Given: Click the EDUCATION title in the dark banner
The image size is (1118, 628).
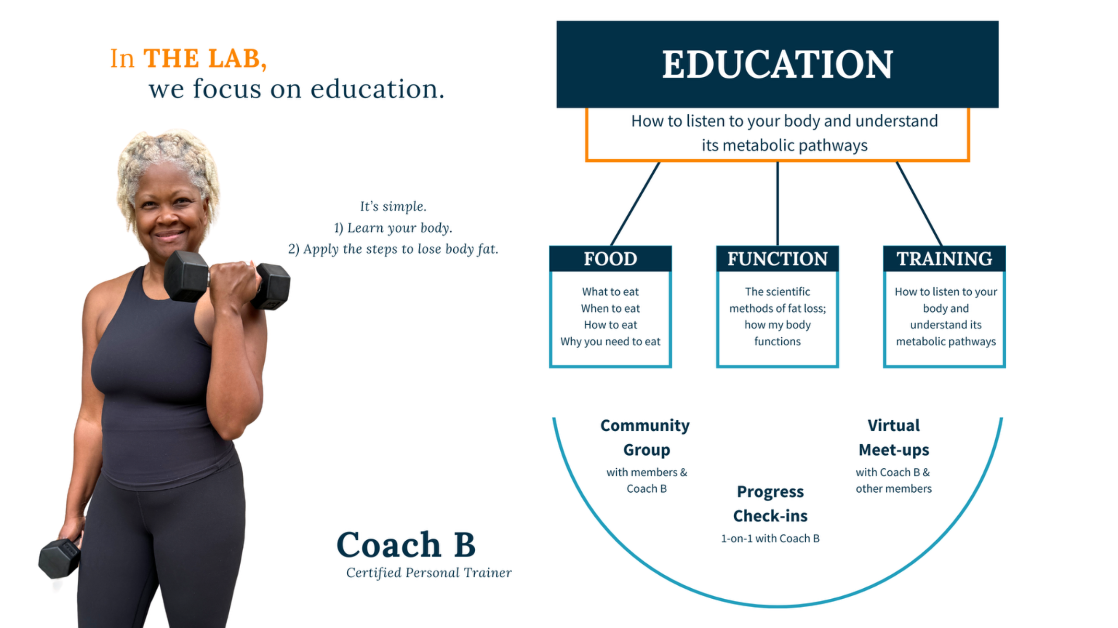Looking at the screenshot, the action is click(777, 64).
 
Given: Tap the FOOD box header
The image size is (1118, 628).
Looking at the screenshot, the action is click(611, 259).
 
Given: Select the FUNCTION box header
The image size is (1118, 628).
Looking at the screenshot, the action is click(777, 259).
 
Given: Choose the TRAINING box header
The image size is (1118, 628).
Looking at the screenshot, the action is click(944, 259).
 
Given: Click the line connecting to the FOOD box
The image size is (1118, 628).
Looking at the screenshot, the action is click(635, 204).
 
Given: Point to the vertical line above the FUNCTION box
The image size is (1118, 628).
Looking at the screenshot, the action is click(777, 204).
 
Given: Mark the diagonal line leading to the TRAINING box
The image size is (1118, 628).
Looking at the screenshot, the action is click(919, 204).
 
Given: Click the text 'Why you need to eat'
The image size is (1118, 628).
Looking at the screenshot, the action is click(611, 341).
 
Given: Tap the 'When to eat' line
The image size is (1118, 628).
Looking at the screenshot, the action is click(611, 308).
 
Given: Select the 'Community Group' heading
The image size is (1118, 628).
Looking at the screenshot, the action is click(645, 437).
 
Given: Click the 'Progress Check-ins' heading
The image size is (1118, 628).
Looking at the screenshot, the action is click(770, 504).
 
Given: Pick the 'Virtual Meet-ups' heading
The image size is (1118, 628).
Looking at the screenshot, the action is click(894, 437).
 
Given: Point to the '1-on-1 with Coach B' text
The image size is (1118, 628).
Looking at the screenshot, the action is click(770, 539).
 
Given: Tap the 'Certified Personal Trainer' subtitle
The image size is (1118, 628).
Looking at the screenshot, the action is click(429, 573).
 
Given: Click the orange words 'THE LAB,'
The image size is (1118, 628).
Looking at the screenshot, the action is click(205, 58).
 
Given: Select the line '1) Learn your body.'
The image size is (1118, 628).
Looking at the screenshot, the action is click(393, 228).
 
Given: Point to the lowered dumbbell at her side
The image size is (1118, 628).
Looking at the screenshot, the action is click(60, 558).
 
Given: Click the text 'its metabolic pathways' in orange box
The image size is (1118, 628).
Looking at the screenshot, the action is click(785, 145).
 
